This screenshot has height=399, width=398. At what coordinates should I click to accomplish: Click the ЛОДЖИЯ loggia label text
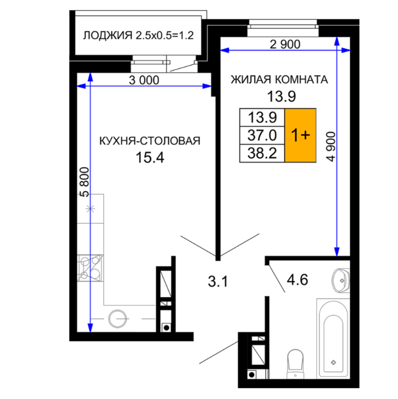tap(108, 35)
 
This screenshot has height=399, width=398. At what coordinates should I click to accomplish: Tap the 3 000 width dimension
tap(144, 81)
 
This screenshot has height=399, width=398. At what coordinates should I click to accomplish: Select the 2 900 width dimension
tap(285, 44)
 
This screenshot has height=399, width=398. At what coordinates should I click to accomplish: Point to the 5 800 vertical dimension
tap(84, 182)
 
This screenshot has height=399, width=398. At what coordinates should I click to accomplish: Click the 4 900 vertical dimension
tap(331, 146)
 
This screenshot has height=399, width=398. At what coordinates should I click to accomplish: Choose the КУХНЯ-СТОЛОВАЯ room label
tap(150, 141)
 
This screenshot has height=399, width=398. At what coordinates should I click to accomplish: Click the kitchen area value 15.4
tap(150, 157)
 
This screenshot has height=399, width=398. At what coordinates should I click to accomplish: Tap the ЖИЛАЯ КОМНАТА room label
tap(279, 80)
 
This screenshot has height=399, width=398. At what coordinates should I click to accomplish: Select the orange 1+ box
tap(300, 135)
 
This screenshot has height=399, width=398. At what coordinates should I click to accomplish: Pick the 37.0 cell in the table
tap(262, 135)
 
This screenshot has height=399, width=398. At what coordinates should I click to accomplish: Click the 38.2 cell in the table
tap(262, 153)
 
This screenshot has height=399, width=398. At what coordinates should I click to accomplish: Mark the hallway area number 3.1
tap(218, 282)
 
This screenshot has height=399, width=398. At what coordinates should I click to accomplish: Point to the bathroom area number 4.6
tap(297, 280)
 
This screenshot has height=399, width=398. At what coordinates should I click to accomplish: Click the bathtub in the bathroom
tap(333, 338)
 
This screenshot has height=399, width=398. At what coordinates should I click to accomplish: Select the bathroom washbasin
tap(341, 280)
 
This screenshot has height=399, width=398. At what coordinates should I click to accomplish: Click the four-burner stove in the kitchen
tap(91, 268)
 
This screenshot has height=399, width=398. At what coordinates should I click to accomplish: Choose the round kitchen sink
tap(118, 318)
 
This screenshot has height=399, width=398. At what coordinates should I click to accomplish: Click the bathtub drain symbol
tap(333, 362)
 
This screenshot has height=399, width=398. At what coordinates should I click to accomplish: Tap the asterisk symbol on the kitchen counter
tap(90, 209)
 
